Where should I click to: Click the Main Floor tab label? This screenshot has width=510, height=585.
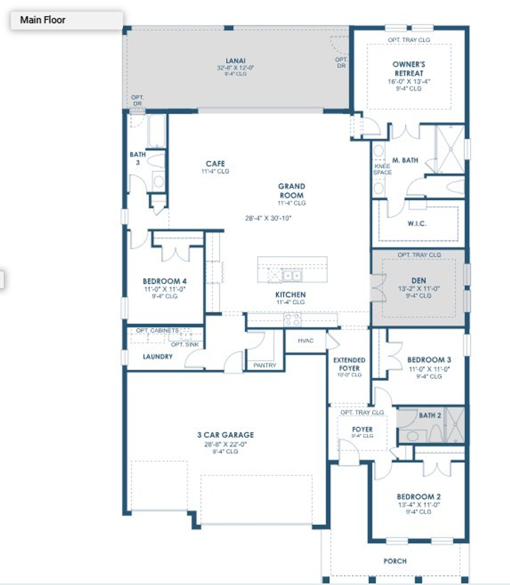[43, 20]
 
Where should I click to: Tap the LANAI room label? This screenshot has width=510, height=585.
[235, 61]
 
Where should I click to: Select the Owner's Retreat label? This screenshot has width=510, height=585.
[409, 69]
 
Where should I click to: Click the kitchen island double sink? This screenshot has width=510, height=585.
[292, 275]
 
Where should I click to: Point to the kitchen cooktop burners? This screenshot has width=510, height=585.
[292, 319]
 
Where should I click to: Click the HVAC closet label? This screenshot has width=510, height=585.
[306, 341]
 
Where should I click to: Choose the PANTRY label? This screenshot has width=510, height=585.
[265, 365]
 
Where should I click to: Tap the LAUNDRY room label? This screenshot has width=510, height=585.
[158, 357]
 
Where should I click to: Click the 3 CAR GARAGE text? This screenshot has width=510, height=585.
[226, 435]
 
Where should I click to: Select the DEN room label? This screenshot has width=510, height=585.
[419, 281]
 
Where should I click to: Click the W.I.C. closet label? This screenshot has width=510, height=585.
[417, 224]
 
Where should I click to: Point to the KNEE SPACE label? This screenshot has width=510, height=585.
[382, 169]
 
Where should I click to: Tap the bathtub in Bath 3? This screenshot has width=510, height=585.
[156, 132]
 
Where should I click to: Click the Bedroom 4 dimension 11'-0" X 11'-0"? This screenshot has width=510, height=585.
[165, 289]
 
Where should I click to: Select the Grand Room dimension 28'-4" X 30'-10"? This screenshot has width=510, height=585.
[269, 218]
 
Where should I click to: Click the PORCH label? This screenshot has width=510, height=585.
[395, 561]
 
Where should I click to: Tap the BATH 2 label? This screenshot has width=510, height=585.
[430, 415]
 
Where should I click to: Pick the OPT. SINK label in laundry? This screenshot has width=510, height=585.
[184, 345]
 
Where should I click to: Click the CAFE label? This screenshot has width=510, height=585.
[215, 164]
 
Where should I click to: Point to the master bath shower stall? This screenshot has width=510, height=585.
[451, 149]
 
